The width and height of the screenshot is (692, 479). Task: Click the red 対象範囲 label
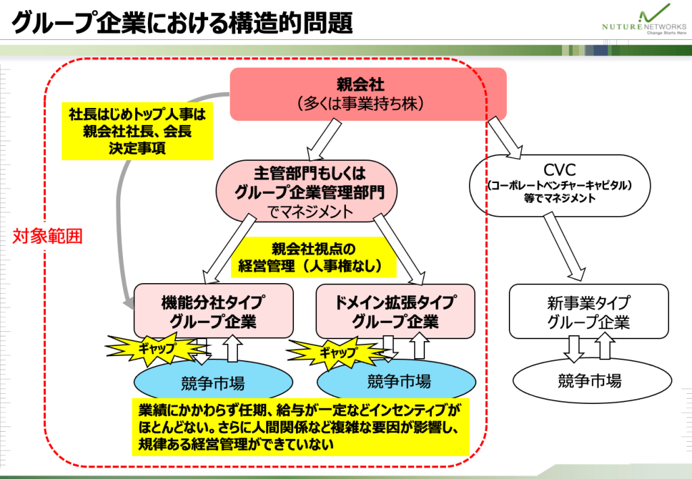[x=47, y=237]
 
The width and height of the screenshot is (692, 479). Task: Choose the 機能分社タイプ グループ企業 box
[x=213, y=311]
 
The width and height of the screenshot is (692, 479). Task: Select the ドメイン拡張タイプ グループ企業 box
[x=395, y=311]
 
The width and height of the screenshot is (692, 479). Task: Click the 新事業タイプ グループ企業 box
[x=588, y=312]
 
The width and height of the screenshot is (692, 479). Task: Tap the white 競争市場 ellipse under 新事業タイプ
[x=589, y=380]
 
